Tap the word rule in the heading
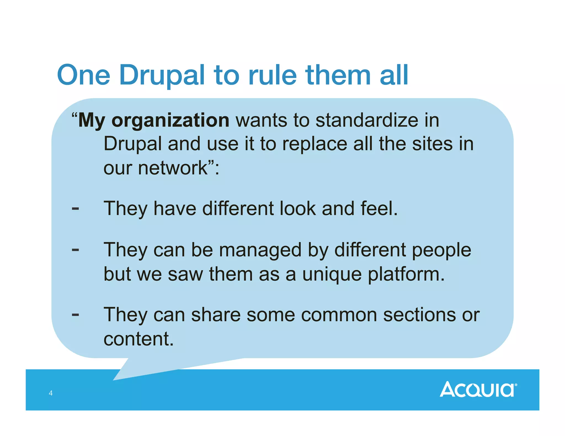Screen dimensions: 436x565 [272, 75]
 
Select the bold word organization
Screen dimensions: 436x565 [170, 121]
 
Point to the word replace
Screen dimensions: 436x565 [315, 144]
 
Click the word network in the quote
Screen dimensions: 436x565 [173, 168]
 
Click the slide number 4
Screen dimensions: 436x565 [50, 393]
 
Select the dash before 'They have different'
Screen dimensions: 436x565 [75, 209]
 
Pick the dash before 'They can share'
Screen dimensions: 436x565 [75, 314]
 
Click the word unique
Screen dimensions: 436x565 [332, 274]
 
